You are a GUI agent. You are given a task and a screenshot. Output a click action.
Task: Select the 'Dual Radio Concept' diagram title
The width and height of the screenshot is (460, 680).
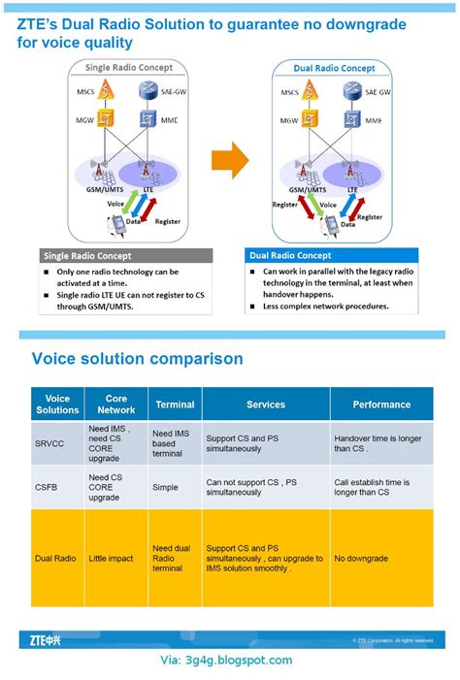[334, 68]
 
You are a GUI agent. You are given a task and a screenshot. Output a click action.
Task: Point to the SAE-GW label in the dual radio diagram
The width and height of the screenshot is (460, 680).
[378, 91]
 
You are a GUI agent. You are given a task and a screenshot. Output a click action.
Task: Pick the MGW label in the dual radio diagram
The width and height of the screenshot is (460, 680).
[289, 121]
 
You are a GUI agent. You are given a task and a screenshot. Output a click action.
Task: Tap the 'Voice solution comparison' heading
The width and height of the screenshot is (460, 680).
[137, 359]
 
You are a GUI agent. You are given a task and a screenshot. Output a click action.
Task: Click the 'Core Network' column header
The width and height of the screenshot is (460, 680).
[116, 405]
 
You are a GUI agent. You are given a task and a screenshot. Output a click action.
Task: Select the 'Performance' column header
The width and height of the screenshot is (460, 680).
[381, 405]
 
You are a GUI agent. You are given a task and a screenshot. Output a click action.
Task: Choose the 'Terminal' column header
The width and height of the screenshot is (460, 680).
[175, 405]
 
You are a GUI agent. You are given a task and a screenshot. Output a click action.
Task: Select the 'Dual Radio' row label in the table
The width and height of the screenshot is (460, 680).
[55, 559]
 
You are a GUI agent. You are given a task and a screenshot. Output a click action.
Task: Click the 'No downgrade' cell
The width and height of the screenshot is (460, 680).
[361, 559]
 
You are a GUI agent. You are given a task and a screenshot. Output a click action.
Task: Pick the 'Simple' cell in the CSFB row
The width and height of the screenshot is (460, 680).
[166, 487]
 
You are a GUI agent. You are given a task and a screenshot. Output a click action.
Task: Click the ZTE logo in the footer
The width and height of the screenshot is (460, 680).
[45, 640]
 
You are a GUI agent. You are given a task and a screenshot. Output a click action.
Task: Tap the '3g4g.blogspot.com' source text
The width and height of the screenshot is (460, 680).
[226, 661]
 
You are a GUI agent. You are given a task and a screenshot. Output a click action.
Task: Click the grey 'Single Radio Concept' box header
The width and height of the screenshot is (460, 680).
[126, 255]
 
